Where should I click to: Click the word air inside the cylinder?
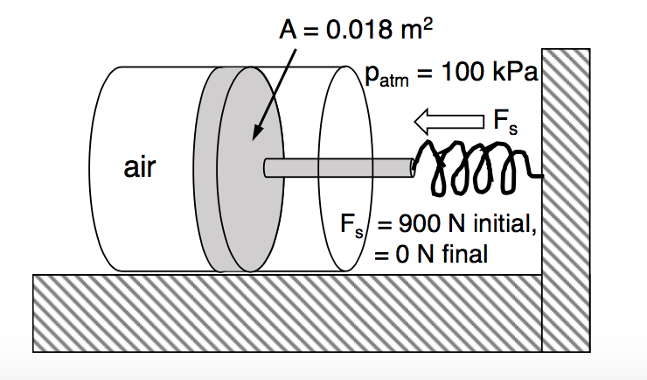click(x=139, y=168)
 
